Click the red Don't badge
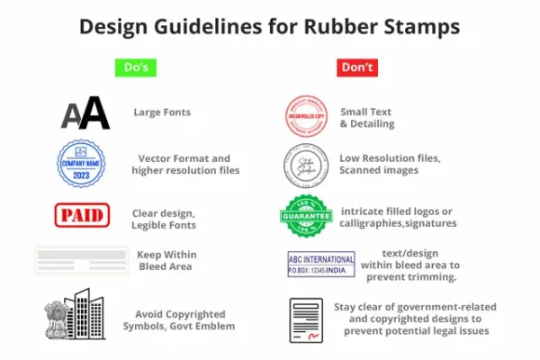tap(356, 67)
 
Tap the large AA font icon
tap(85, 113)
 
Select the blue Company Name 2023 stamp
tap(81, 164)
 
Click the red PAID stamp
tap(82, 214)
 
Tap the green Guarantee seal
tap(306, 216)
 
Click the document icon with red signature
tap(305, 319)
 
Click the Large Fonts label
tap(162, 112)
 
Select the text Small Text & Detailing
tap(366, 118)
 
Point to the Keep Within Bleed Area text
tap(166, 260)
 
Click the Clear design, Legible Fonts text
tap(166, 219)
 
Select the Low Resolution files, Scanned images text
tap(390, 164)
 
